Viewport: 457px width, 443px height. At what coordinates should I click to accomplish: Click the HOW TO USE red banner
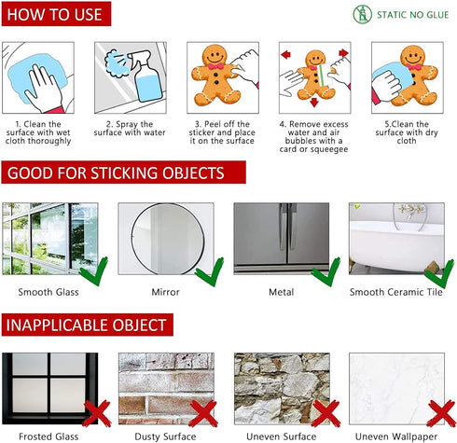[56, 14]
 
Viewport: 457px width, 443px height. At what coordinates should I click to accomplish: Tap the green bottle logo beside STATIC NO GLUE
[362, 14]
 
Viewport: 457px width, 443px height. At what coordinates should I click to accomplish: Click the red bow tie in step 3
[215, 66]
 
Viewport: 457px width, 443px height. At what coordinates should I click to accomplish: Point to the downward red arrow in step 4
[314, 103]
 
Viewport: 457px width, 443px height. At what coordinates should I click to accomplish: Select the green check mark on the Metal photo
[326, 271]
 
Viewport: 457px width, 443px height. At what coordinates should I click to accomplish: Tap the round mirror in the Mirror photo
[168, 239]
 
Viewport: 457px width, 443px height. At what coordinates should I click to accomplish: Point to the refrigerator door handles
[287, 227]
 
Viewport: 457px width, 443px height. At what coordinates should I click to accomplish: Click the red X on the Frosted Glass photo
[97, 413]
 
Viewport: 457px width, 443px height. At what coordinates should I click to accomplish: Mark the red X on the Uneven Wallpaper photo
[441, 413]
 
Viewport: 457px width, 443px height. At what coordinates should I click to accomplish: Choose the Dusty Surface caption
[165, 436]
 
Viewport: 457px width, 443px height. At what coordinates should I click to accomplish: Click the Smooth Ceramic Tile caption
[396, 292]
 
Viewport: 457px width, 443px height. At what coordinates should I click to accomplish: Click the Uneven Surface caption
[282, 436]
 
